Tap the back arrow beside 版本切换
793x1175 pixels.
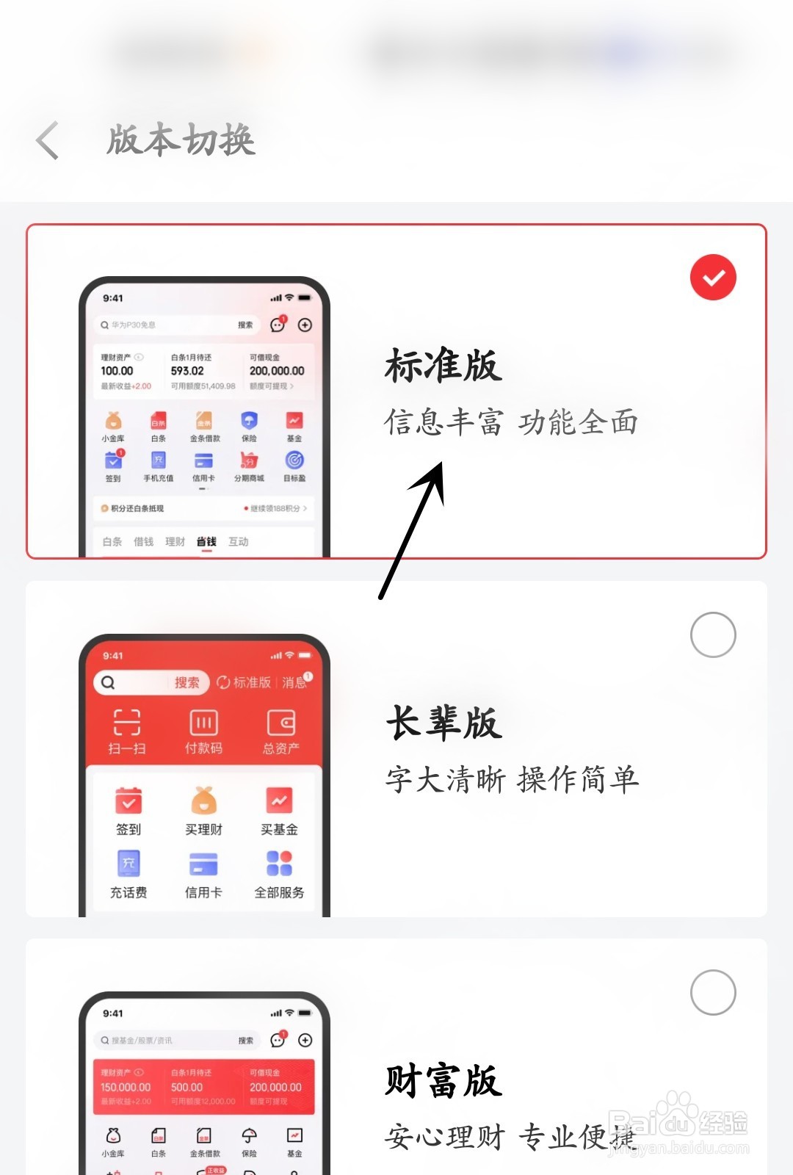48,140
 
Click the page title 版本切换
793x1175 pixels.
181,140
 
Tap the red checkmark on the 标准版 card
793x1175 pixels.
713,278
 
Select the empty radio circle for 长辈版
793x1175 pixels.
713,634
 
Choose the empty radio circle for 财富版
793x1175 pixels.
713,992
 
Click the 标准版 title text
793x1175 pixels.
443,366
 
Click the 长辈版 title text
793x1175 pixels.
443,723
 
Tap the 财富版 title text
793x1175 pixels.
443,1081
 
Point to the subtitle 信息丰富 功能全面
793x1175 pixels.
511,422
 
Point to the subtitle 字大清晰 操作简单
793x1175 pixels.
512,779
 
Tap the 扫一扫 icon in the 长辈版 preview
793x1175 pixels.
127,723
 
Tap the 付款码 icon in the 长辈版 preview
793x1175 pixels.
203,723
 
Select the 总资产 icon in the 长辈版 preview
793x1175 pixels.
280,723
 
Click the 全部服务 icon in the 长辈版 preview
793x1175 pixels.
279,864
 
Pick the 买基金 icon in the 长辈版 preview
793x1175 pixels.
279,800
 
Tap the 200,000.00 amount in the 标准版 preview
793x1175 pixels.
277,372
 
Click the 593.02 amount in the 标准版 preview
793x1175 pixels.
187,372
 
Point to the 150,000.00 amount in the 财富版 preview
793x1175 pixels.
126,1087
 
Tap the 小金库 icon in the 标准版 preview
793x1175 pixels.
113,421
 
